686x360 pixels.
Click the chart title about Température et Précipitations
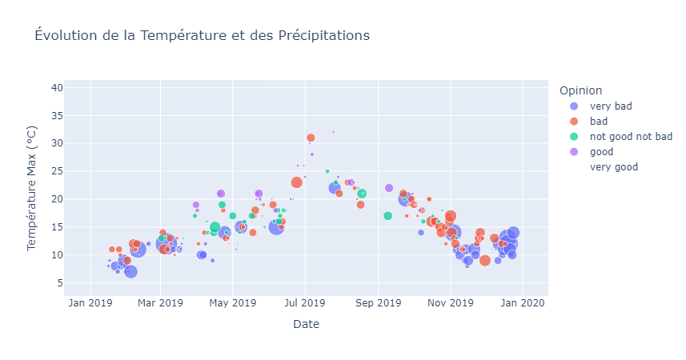(x=202, y=35)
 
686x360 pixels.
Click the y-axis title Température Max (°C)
(x=33, y=192)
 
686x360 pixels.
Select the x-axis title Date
(x=306, y=324)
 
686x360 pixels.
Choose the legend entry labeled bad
(x=598, y=122)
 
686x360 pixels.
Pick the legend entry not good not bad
(x=631, y=137)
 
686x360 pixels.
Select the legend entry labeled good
(x=602, y=152)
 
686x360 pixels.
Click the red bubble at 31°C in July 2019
(x=311, y=138)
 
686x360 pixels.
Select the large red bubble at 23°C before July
(x=296, y=182)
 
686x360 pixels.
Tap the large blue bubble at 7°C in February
(x=130, y=271)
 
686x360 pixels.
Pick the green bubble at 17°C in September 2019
(x=387, y=216)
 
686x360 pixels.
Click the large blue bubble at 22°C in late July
(x=335, y=188)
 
